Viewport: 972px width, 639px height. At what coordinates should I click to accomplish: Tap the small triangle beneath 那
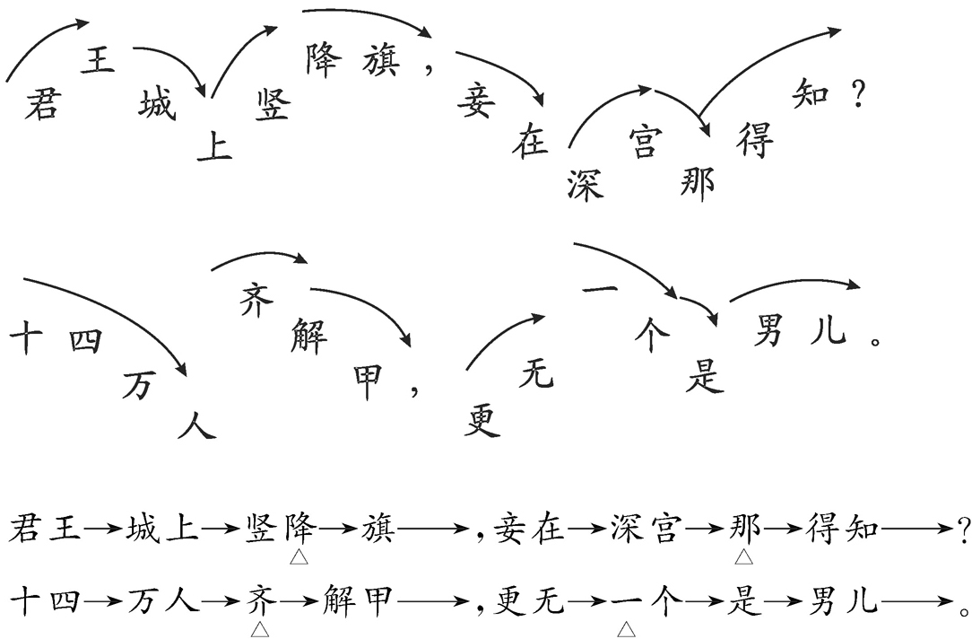(x=743, y=558)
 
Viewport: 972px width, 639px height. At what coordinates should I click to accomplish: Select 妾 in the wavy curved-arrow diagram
(x=475, y=102)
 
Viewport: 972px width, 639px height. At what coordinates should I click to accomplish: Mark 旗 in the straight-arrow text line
(x=377, y=530)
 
